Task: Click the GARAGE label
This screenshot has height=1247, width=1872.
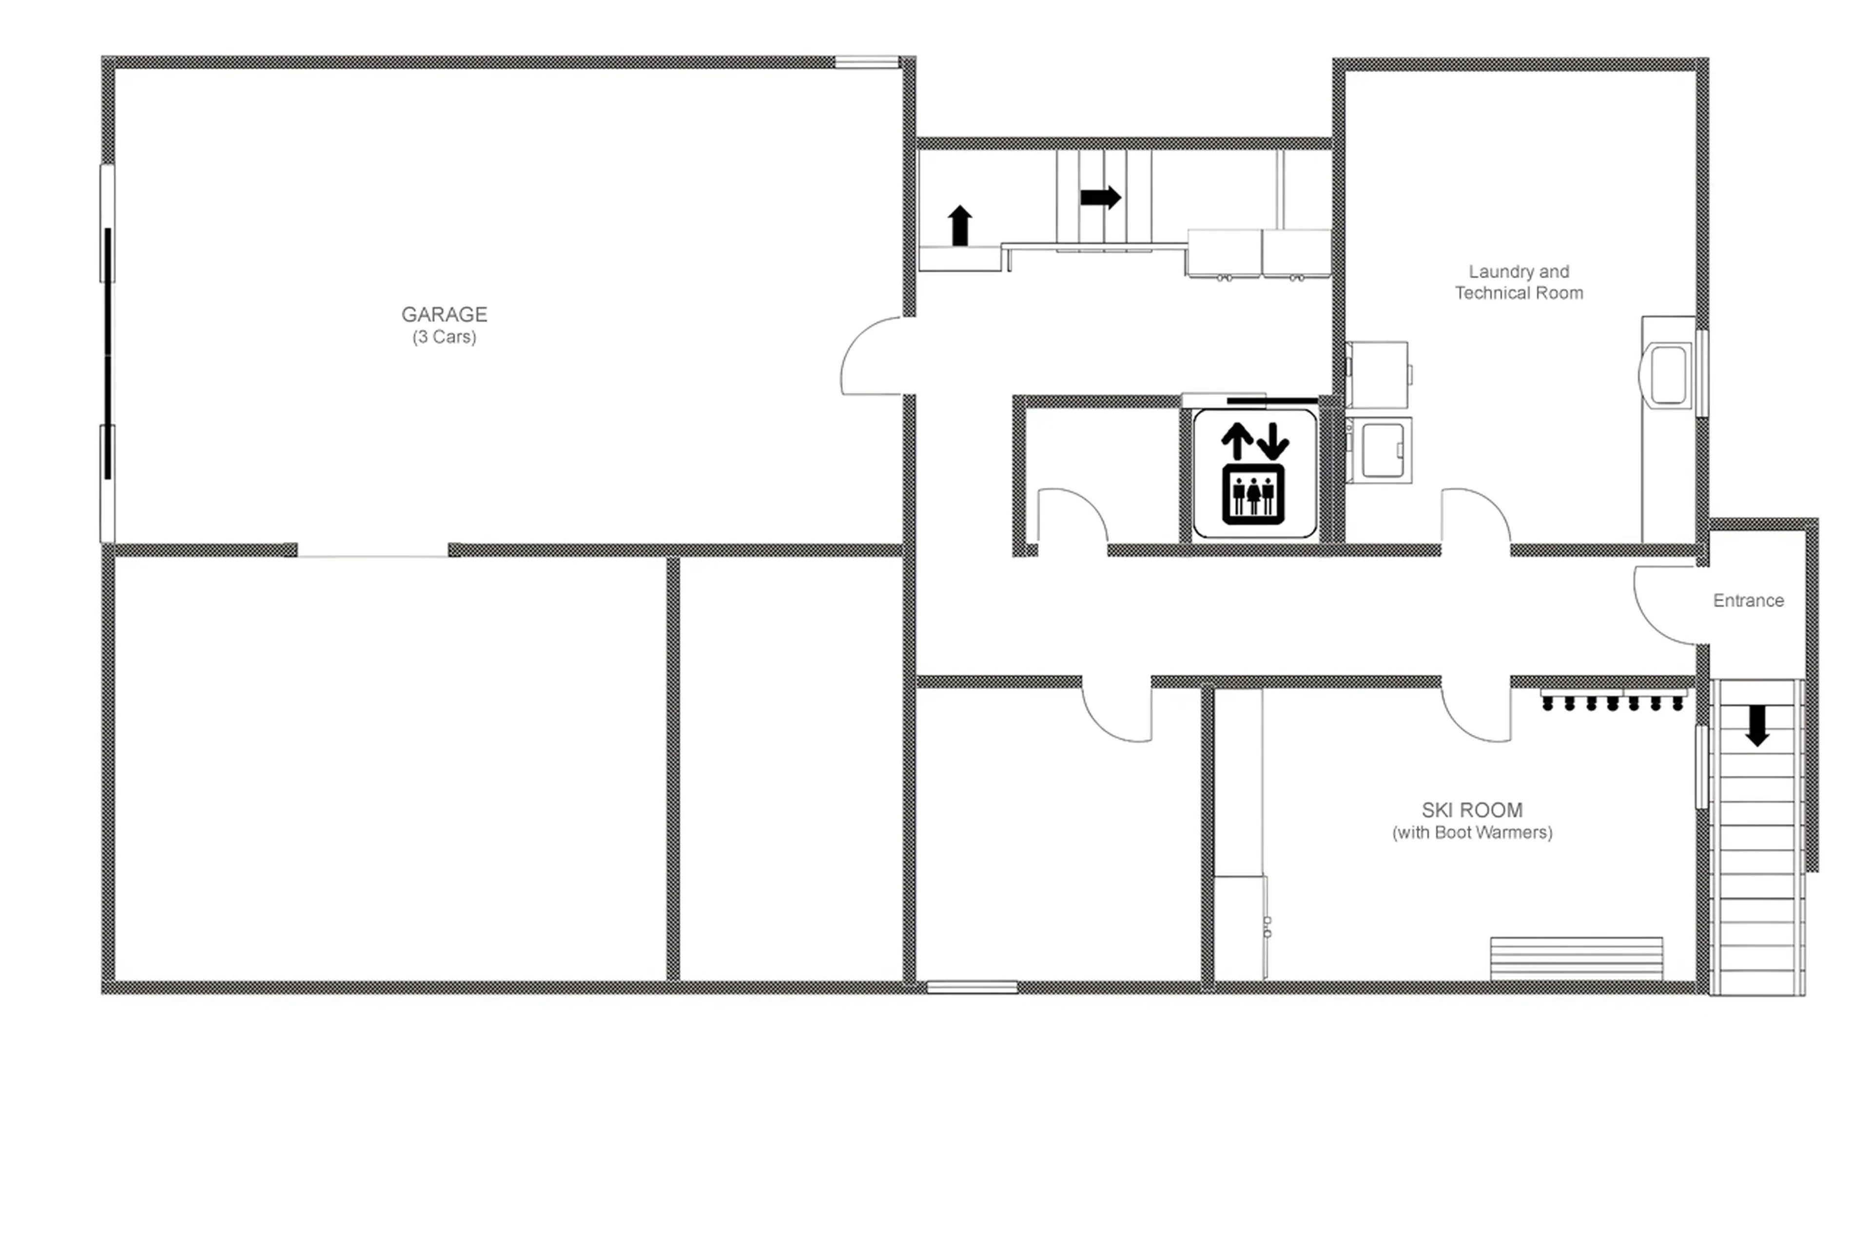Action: click(444, 314)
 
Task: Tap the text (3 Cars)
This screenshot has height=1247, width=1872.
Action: click(444, 337)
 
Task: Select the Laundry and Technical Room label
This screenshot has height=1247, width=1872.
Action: click(1518, 282)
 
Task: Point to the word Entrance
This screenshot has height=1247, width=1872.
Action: click(1748, 600)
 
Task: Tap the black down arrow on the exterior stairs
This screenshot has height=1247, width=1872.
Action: click(1756, 725)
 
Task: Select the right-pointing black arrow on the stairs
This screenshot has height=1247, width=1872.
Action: click(1100, 197)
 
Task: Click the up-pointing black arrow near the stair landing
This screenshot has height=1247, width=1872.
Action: click(960, 225)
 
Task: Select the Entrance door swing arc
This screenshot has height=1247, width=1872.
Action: click(1667, 606)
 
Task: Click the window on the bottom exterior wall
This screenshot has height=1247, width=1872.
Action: click(972, 987)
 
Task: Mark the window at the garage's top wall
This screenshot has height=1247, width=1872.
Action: click(866, 61)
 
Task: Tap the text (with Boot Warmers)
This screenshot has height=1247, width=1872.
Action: click(1472, 833)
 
